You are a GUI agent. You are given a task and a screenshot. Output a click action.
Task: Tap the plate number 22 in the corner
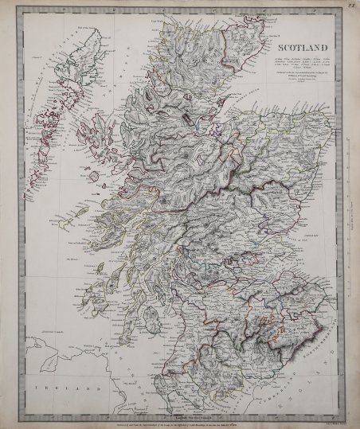(x=350, y=7)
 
